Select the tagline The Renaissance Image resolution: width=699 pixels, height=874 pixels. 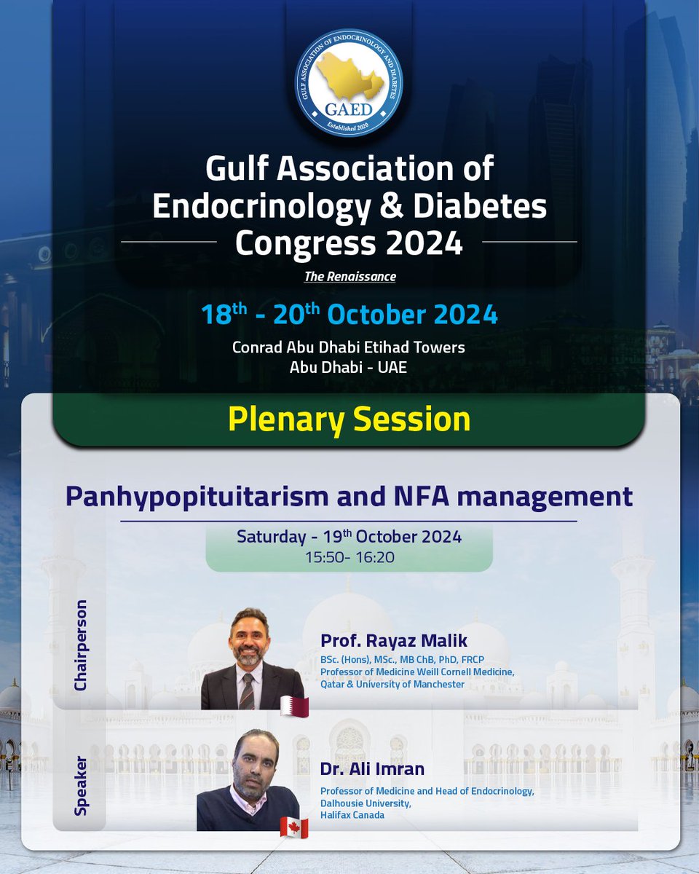(349, 277)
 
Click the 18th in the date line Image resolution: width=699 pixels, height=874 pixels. (225, 315)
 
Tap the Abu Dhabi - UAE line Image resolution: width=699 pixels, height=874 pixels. (349, 367)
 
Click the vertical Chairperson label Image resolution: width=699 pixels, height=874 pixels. (81, 645)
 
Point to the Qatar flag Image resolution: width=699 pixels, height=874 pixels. (295, 706)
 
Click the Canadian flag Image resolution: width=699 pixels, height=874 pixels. (295, 827)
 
